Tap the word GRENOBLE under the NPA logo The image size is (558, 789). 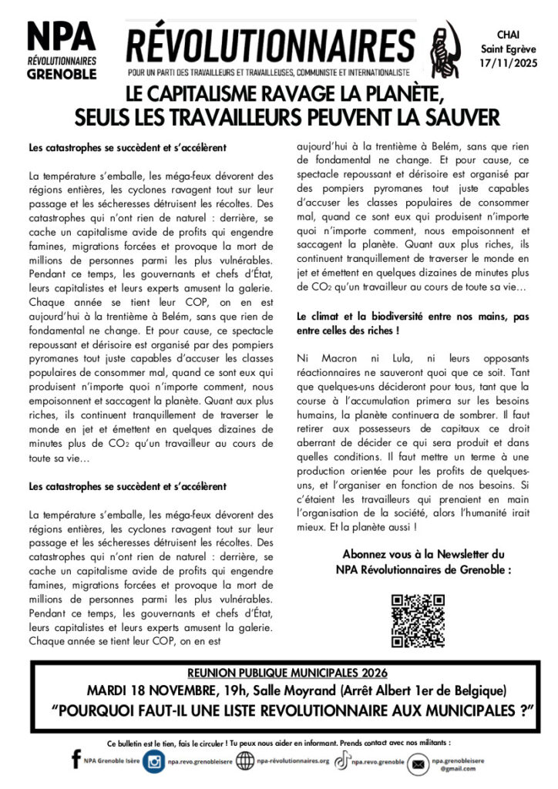pos(62,75)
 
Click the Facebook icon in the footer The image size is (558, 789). pos(76,760)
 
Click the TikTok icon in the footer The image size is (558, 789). pos(339,761)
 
